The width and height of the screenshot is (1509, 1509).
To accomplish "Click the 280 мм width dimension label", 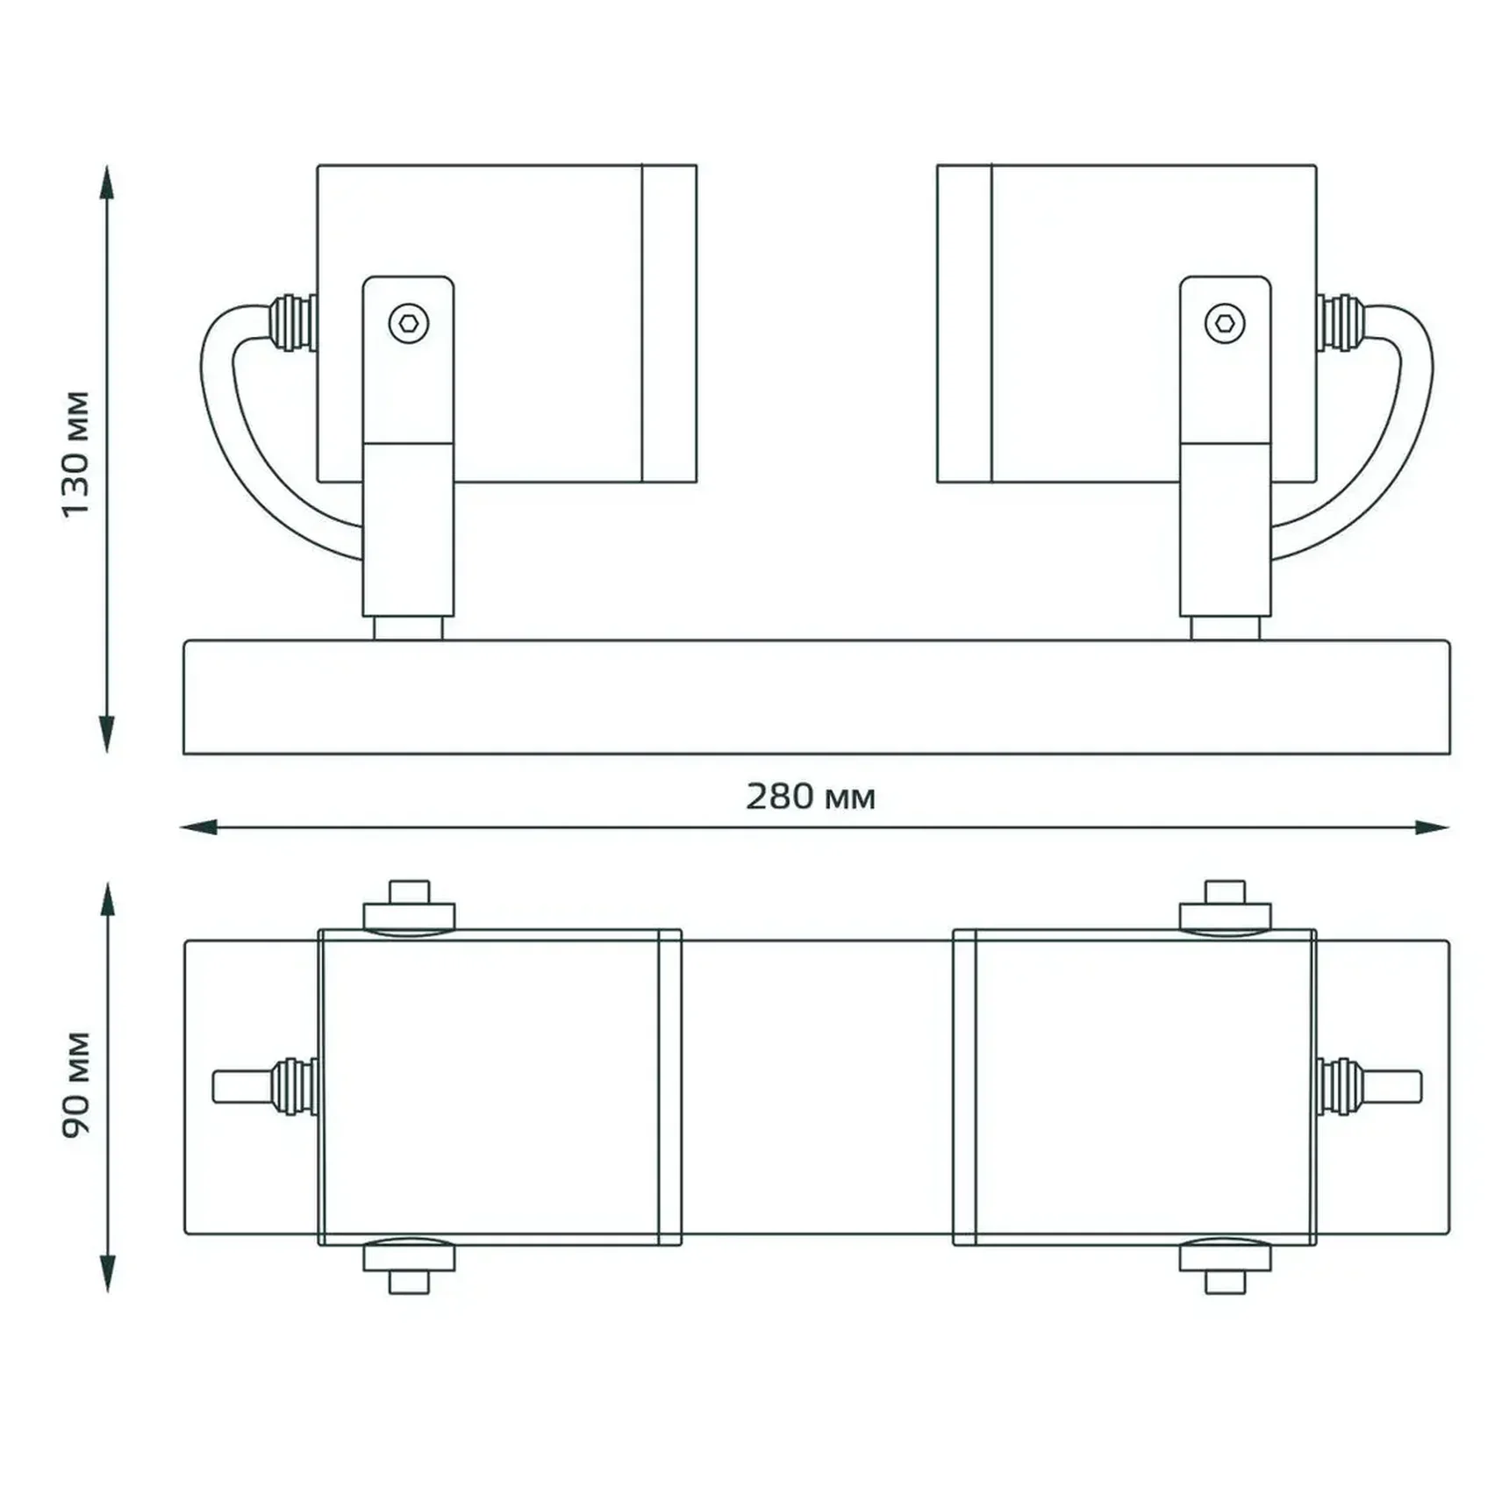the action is point(811,797).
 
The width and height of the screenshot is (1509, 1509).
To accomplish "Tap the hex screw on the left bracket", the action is point(409,324).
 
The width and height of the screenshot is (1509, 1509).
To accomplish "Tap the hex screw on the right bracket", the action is point(1225,324).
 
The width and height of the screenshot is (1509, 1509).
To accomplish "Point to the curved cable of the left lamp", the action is point(230,439).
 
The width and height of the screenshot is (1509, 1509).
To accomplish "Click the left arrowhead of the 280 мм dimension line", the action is point(198,826).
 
